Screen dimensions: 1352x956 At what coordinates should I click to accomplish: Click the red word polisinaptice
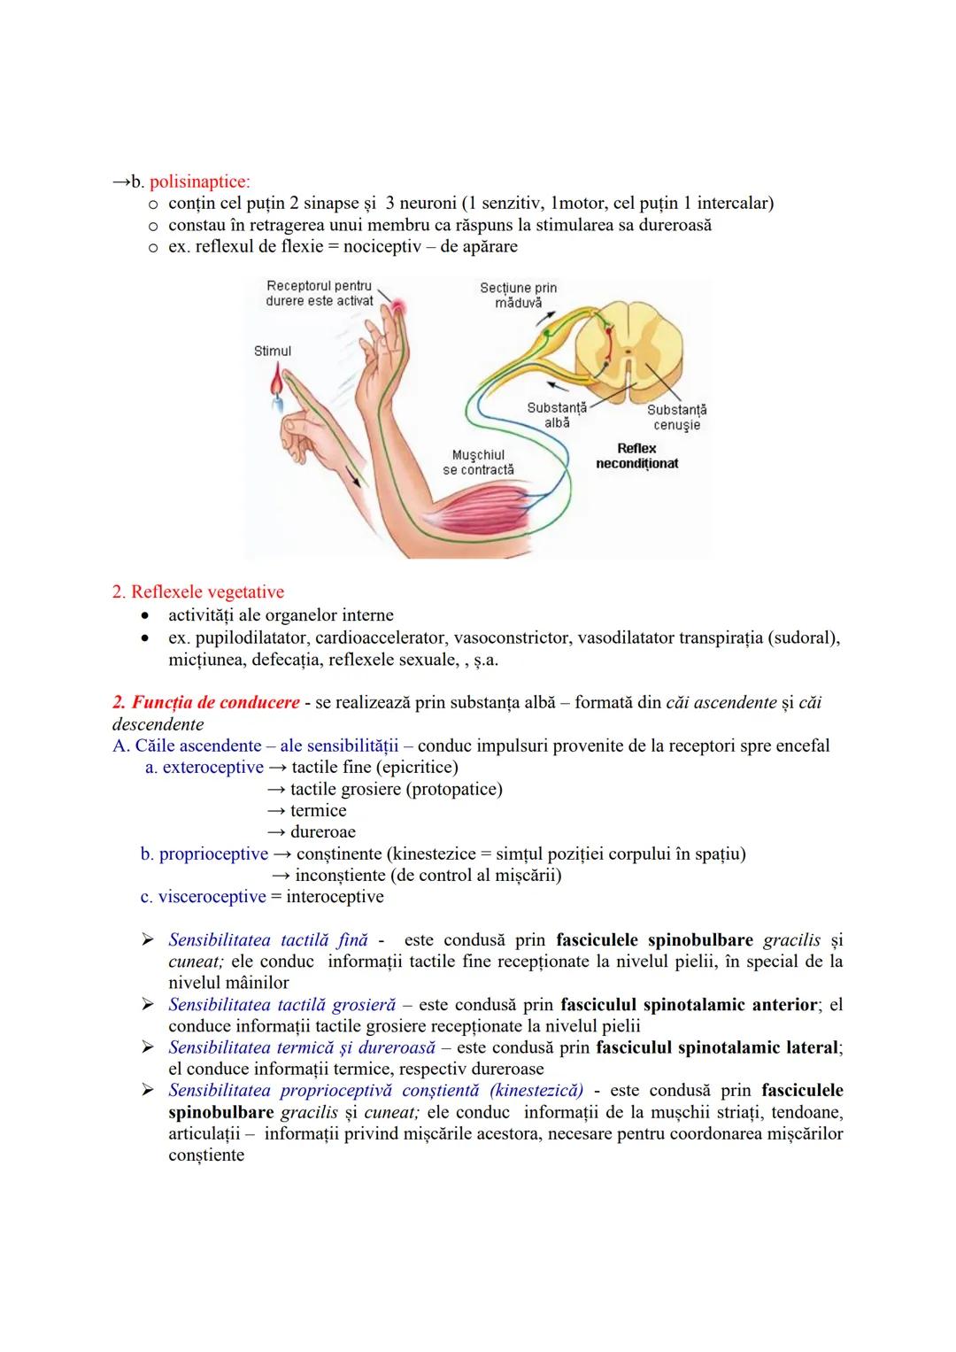tap(199, 182)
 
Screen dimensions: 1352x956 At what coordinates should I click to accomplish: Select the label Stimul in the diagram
tap(272, 352)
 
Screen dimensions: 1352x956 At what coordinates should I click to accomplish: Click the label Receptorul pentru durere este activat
tap(320, 293)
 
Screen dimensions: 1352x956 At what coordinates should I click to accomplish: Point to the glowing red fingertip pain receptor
tap(401, 306)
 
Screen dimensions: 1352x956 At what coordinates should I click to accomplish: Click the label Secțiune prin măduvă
tap(518, 295)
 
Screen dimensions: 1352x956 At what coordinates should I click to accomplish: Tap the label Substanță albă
tap(557, 415)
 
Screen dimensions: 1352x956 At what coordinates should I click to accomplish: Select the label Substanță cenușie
tap(676, 417)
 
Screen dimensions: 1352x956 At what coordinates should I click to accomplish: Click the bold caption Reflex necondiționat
tap(636, 456)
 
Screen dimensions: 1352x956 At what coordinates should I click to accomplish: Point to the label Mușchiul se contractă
tap(478, 462)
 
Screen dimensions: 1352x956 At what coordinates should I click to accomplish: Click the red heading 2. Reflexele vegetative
tap(198, 591)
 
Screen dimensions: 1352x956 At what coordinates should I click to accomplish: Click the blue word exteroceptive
tap(212, 767)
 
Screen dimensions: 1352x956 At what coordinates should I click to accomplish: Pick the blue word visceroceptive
tap(212, 896)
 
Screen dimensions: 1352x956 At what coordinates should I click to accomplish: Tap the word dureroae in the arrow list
tap(322, 831)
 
